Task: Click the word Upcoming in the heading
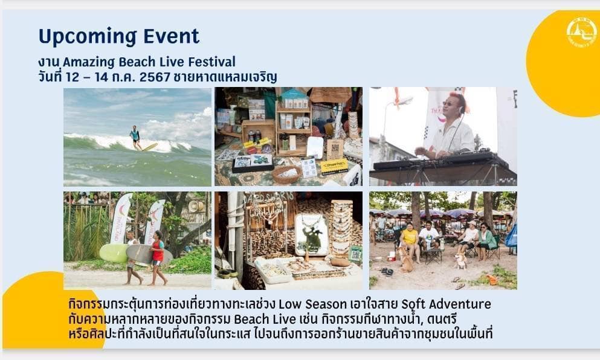click(88, 37)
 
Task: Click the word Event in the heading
click(172, 36)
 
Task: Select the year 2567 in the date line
click(155, 77)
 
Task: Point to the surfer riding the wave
click(135, 137)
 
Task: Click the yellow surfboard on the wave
click(150, 147)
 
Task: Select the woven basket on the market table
click(286, 174)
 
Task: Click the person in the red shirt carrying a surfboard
click(157, 258)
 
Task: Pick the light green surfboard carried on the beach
click(114, 253)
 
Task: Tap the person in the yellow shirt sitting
click(410, 241)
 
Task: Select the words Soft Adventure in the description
click(446, 304)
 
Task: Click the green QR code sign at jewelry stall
click(355, 253)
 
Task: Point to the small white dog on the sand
click(460, 260)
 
